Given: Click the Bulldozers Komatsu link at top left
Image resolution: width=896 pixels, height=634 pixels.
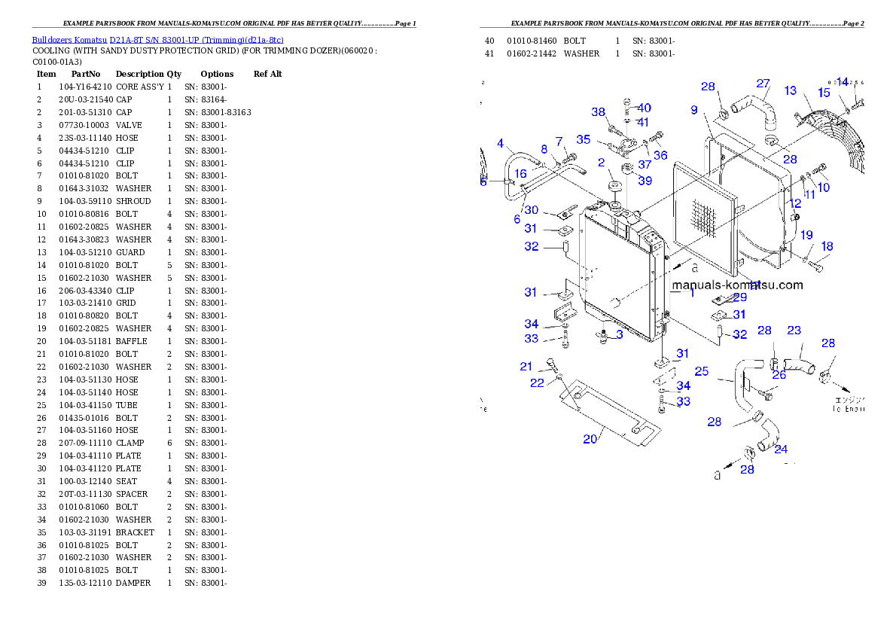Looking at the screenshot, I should pyautogui.click(x=157, y=39).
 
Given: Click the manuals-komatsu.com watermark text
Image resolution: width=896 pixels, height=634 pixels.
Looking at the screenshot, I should pyautogui.click(x=737, y=285).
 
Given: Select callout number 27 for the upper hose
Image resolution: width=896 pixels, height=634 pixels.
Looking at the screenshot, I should pyautogui.click(x=763, y=84).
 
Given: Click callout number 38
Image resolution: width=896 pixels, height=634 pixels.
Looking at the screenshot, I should pyautogui.click(x=598, y=112).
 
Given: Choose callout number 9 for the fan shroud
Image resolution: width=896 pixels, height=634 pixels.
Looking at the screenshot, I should pyautogui.click(x=694, y=110).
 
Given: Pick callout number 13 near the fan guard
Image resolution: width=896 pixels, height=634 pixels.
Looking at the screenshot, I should pyautogui.click(x=790, y=91).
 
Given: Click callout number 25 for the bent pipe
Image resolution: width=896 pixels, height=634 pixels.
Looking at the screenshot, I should pyautogui.click(x=701, y=371).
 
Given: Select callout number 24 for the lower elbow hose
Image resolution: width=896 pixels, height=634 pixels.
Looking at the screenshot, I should pyautogui.click(x=781, y=450).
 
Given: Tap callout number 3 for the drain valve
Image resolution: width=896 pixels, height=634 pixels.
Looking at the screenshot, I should pyautogui.click(x=619, y=334).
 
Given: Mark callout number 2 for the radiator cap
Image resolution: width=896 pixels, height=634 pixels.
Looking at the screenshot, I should pyautogui.click(x=601, y=162).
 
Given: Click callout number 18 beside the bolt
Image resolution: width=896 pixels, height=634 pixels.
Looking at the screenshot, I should pyautogui.click(x=827, y=246).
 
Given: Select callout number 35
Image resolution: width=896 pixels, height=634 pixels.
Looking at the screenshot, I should pyautogui.click(x=584, y=139).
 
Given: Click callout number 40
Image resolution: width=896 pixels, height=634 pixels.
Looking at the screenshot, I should pyautogui.click(x=645, y=108).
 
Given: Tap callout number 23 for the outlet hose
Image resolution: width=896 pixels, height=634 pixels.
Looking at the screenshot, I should pyautogui.click(x=794, y=330).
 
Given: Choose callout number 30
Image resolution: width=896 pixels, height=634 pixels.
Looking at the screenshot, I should pyautogui.click(x=532, y=211).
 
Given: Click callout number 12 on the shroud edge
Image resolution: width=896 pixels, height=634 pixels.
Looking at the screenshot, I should pyautogui.click(x=795, y=203).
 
